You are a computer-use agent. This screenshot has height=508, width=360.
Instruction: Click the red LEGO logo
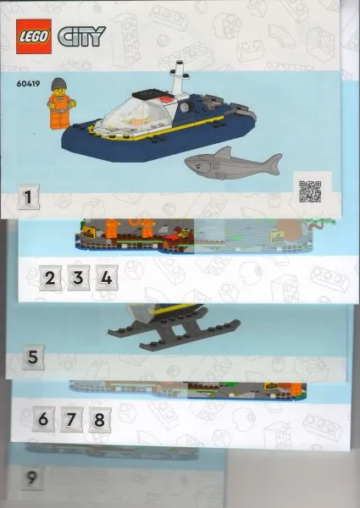tap(34, 36)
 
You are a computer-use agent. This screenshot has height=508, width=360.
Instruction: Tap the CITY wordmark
tap(81, 36)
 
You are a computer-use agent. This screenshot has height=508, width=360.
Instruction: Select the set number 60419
tap(28, 84)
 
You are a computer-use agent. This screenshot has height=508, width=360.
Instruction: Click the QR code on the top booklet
tap(310, 191)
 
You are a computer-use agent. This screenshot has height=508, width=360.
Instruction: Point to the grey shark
tap(233, 163)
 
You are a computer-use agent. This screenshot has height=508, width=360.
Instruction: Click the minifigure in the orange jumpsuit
tap(61, 103)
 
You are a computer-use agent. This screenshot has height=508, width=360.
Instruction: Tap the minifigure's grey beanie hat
tap(58, 84)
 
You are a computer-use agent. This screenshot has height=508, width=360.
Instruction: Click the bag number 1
tap(28, 197)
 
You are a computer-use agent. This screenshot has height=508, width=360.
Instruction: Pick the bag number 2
tap(50, 278)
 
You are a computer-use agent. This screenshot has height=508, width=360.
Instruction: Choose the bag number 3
tap(78, 278)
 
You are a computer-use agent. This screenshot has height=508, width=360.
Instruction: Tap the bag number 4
tap(106, 278)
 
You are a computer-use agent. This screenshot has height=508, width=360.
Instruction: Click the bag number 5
tap(33, 357)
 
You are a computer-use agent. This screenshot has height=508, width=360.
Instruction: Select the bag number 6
tap(43, 420)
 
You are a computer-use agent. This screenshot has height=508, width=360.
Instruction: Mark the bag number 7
tap(71, 420)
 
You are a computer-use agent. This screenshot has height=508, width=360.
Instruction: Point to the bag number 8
tap(99, 420)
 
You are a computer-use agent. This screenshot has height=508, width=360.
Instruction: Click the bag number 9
tap(31, 478)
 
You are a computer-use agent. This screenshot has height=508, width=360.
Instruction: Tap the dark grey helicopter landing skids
tap(174, 330)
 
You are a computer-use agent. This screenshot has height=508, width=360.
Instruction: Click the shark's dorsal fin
tap(224, 152)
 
